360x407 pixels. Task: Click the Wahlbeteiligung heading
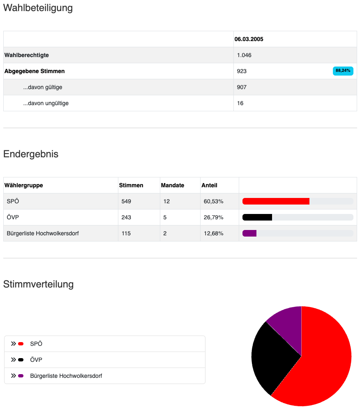38,8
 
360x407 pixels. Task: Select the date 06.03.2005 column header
249,39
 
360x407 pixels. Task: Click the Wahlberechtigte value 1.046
244,55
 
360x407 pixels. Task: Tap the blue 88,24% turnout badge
343,71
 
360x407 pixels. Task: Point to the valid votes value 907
242,87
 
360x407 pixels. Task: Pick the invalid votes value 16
240,103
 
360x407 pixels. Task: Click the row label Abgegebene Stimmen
35,71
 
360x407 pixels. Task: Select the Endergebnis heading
31,154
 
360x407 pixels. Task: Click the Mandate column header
172,185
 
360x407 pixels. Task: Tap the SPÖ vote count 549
126,201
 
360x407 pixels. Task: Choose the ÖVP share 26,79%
213,217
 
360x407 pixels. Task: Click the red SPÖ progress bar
276,201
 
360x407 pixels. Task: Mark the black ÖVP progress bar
257,217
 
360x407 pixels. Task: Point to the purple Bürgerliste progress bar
249,233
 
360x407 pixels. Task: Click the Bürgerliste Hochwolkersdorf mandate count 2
165,233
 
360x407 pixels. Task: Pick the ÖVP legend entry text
36,360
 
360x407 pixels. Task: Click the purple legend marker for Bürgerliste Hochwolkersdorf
21,376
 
